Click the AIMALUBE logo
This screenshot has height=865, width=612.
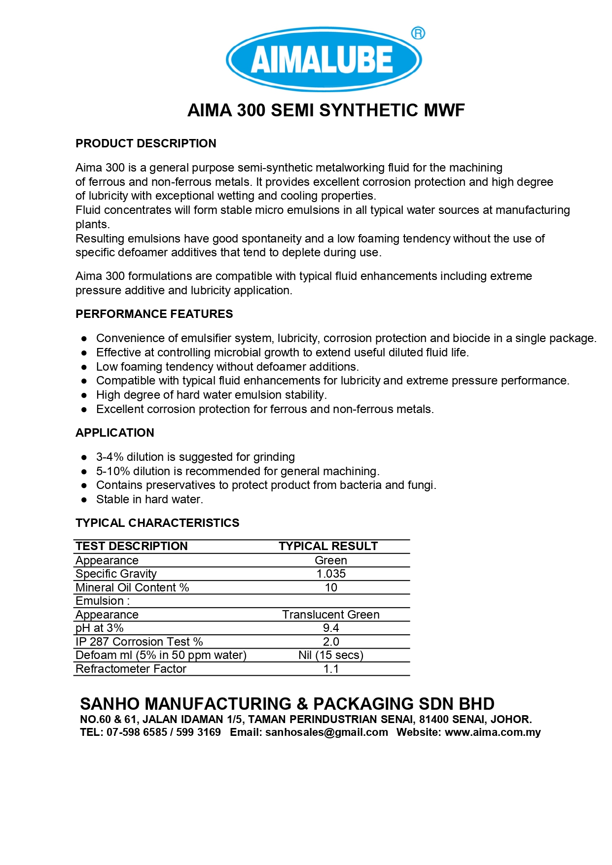[x=324, y=60]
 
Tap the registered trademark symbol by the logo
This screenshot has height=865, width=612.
[x=418, y=33]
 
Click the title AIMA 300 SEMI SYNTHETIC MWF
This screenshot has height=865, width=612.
[x=326, y=110]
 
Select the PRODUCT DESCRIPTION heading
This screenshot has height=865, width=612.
[x=145, y=143]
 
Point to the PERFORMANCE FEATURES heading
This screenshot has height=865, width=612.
[x=154, y=314]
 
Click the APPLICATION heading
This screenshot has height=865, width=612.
[x=114, y=433]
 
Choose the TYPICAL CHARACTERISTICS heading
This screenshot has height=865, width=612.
[x=157, y=523]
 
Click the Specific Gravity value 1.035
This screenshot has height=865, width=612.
[x=331, y=574]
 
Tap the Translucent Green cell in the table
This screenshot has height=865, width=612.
[x=330, y=615]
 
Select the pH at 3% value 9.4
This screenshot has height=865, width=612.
[x=331, y=628]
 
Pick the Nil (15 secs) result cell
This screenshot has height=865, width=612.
[x=330, y=655]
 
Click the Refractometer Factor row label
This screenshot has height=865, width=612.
[x=131, y=669]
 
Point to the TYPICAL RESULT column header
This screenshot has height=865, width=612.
[x=328, y=546]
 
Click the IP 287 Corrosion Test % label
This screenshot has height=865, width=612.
[x=139, y=642]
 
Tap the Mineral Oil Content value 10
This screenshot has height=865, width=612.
[x=331, y=588]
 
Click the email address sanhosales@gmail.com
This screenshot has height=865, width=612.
[x=326, y=732]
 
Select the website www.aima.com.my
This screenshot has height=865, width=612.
[x=493, y=732]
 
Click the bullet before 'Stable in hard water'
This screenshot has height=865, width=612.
[x=84, y=500]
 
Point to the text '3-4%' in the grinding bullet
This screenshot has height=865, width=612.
[x=109, y=457]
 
